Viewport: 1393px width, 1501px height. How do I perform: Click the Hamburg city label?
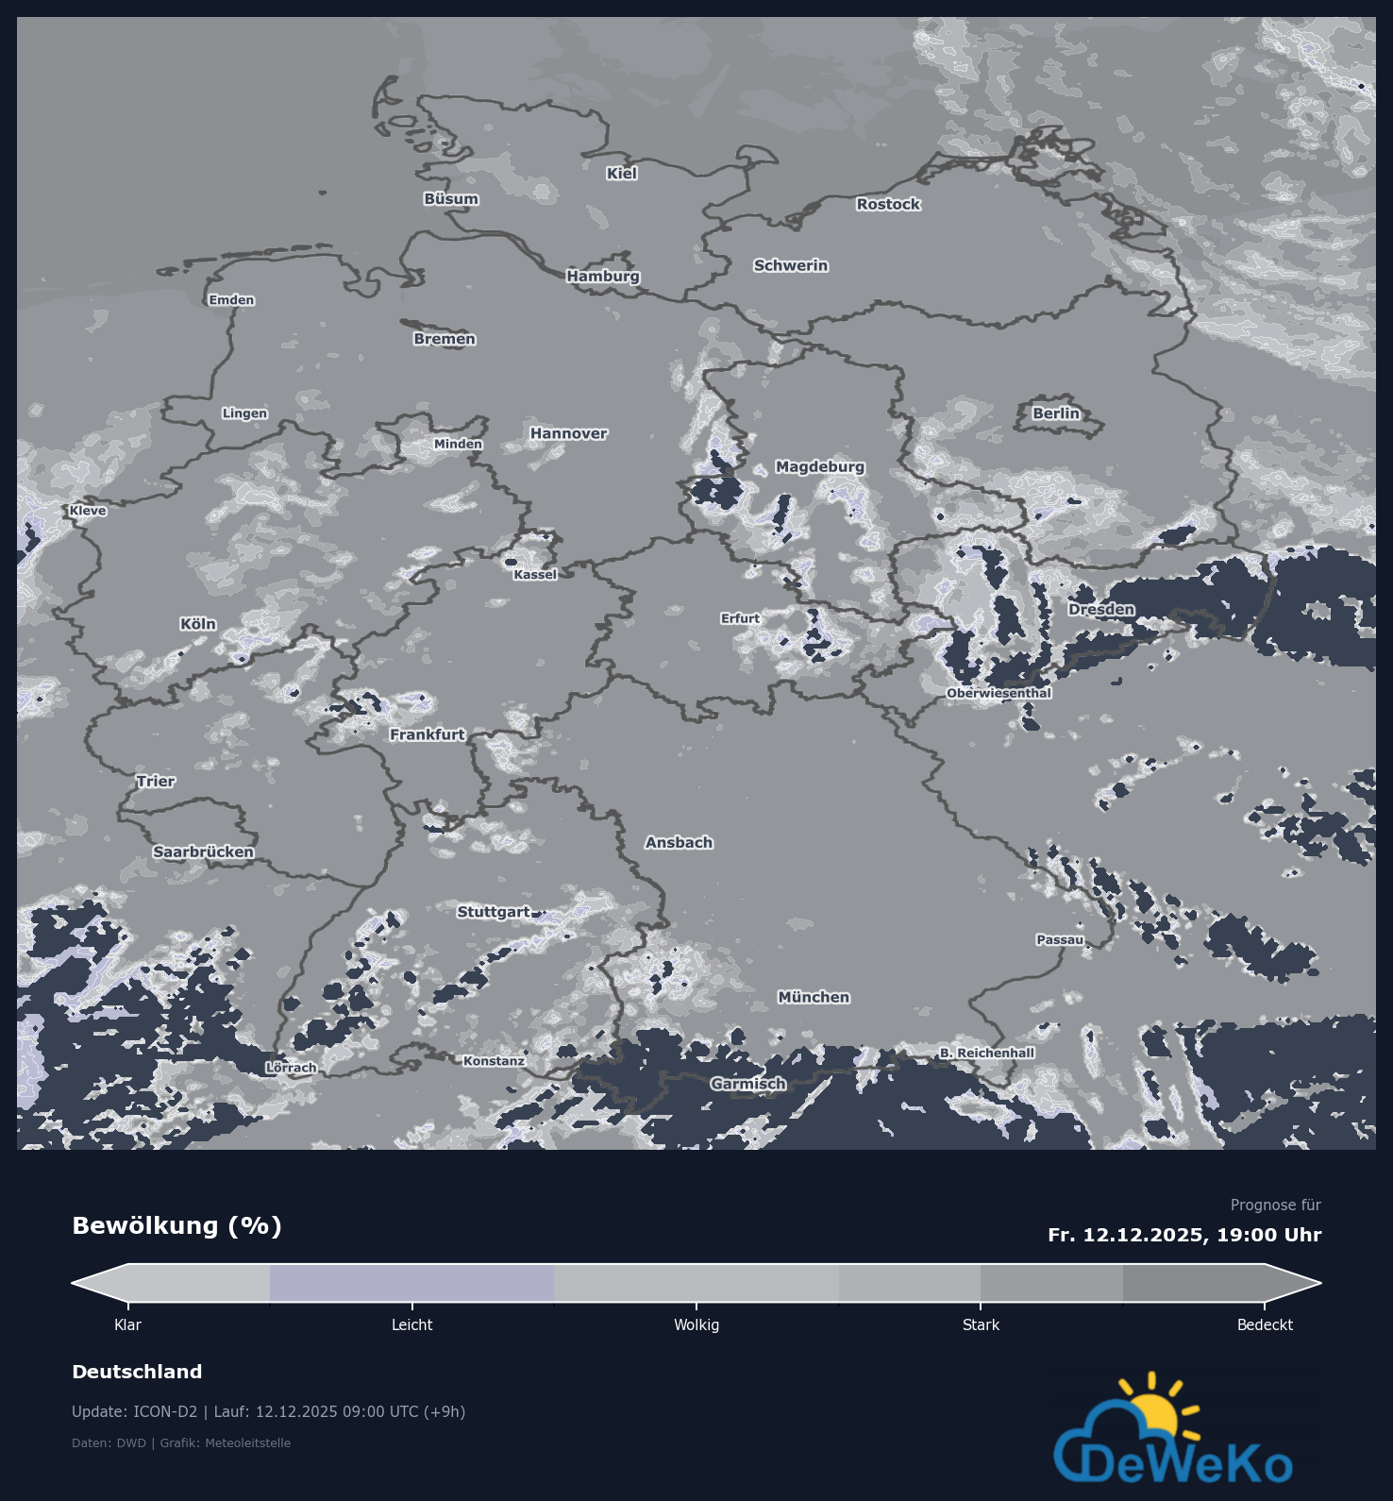[x=603, y=276]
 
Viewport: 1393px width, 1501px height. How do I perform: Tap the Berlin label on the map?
[x=1055, y=413]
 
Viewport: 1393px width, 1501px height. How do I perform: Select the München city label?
[x=814, y=997]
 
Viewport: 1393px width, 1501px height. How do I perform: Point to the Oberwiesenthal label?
[x=999, y=693]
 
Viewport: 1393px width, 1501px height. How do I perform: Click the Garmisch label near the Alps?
[x=748, y=1084]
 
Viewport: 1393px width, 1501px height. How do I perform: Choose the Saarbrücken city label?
[x=203, y=852]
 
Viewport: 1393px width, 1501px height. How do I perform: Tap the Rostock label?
[x=888, y=204]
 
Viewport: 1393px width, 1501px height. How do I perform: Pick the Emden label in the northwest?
[x=231, y=300]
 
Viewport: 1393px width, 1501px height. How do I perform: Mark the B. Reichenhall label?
[x=986, y=1053]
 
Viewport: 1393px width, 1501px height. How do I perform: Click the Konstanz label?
[x=494, y=1061]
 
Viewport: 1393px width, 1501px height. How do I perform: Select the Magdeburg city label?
[x=819, y=466]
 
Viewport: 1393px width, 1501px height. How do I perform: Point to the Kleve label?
[x=88, y=511]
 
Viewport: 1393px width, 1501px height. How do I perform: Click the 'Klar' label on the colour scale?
[x=127, y=1324]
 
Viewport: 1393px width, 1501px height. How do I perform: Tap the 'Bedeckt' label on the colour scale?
[x=1265, y=1324]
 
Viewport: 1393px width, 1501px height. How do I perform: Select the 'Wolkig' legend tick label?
[x=696, y=1324]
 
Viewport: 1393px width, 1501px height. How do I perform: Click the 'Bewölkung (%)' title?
[x=176, y=1225]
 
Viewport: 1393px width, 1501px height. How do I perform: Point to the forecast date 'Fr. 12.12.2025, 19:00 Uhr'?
[x=1183, y=1235]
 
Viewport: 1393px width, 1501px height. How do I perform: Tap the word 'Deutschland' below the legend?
[x=137, y=1372]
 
